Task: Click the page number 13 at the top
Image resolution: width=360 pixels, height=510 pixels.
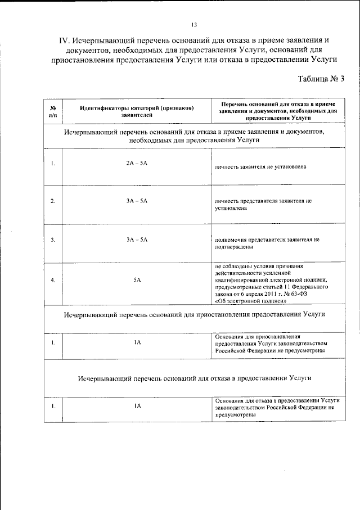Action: point(194,25)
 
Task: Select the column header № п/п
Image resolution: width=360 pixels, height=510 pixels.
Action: point(52,110)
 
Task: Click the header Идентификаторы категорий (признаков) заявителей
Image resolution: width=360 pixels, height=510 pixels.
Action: point(137,110)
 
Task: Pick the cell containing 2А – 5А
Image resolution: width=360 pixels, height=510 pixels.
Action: point(137,163)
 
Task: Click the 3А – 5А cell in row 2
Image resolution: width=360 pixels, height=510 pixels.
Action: point(137,201)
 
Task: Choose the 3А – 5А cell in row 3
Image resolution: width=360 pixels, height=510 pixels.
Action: point(137,240)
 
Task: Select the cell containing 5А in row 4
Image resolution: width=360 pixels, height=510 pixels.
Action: point(137,279)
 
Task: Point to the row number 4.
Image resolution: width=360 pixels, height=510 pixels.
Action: point(52,279)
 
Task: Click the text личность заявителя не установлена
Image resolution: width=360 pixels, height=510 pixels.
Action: point(260,168)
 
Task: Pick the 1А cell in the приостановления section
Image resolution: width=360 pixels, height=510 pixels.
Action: point(137,342)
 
